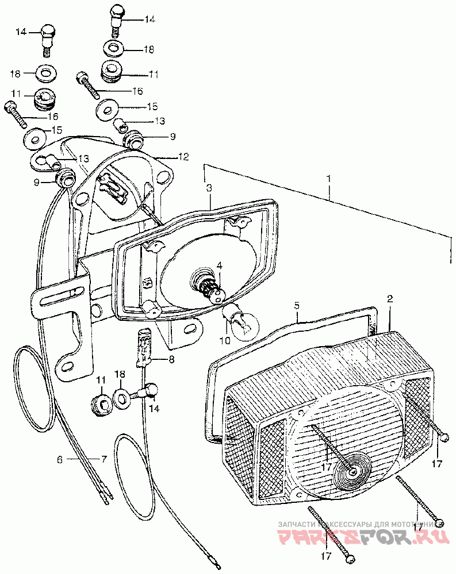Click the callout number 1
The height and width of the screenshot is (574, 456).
(x=329, y=179)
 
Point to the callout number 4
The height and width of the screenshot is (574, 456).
(x=219, y=265)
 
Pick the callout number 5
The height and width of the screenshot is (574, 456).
(x=297, y=306)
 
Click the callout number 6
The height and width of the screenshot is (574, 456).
(x=59, y=459)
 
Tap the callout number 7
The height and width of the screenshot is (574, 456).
(x=104, y=459)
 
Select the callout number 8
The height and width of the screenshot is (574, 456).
(x=170, y=359)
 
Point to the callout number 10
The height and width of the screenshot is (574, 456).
(x=223, y=340)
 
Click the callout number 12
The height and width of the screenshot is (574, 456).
(x=183, y=156)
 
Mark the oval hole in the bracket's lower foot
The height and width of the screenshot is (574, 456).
(x=68, y=366)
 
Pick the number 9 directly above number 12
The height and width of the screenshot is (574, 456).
(x=156, y=137)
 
